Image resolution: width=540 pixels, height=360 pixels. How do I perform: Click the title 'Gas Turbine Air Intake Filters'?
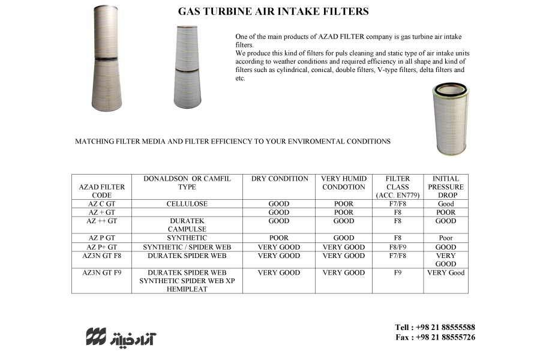(x=273, y=11)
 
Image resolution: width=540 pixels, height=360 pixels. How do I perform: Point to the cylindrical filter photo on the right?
(x=451, y=118)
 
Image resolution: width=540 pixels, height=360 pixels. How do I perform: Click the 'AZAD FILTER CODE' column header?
(x=102, y=191)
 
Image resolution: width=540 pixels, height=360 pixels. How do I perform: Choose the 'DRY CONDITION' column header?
(x=279, y=179)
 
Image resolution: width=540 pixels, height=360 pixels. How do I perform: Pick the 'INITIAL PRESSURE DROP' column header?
(x=446, y=187)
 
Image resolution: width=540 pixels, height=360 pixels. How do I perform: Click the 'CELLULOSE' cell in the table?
(x=187, y=204)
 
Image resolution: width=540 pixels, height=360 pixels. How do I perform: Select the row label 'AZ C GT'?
(x=102, y=204)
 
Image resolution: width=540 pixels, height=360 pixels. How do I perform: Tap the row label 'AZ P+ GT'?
(x=102, y=247)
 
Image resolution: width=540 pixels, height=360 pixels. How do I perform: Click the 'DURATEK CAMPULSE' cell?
(x=187, y=225)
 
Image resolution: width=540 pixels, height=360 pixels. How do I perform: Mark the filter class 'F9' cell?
(x=398, y=273)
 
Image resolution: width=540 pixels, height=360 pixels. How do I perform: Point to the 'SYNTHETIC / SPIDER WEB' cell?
(x=187, y=247)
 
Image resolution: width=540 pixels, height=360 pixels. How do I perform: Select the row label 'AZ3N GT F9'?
(x=102, y=273)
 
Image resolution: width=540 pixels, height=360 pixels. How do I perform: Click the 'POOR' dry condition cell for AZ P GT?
(x=279, y=238)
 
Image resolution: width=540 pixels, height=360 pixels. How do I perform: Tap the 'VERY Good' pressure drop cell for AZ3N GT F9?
(x=446, y=273)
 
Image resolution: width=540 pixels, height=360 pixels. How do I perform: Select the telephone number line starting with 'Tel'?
(x=435, y=327)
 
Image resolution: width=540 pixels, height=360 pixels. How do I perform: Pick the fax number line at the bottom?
(x=435, y=337)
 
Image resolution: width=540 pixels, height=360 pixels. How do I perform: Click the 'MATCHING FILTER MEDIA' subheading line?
(x=233, y=142)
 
